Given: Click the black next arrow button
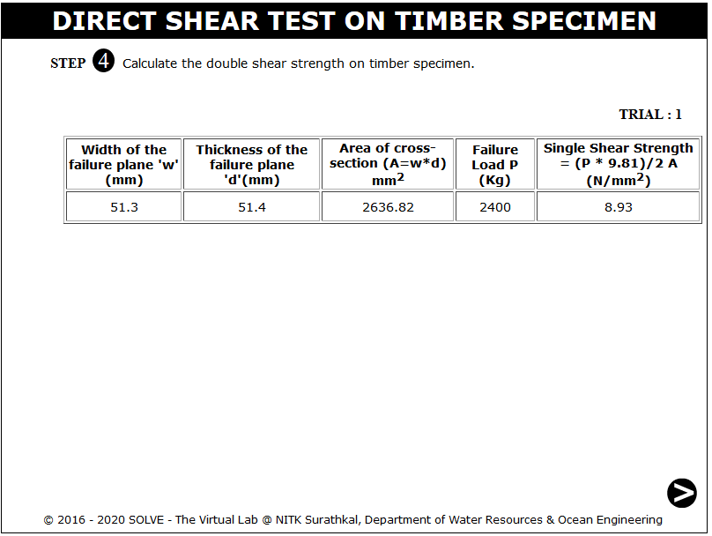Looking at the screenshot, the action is click(681, 493).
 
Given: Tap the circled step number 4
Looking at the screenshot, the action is click(103, 61).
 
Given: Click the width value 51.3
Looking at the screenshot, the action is click(124, 207).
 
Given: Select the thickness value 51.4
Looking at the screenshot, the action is click(251, 207).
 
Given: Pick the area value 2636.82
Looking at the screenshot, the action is click(388, 207).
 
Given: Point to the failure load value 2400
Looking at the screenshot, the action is click(495, 207).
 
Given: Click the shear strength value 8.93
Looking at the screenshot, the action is click(618, 207).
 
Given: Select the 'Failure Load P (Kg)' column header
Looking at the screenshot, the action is click(495, 165).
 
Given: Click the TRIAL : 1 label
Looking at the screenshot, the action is click(650, 114).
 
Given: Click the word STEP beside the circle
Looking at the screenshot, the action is click(68, 63).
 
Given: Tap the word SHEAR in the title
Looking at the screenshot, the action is click(212, 21).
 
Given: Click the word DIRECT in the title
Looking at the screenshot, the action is click(105, 21).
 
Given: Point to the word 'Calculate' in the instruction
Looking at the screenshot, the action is click(150, 63).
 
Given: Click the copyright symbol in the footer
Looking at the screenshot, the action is click(48, 520).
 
